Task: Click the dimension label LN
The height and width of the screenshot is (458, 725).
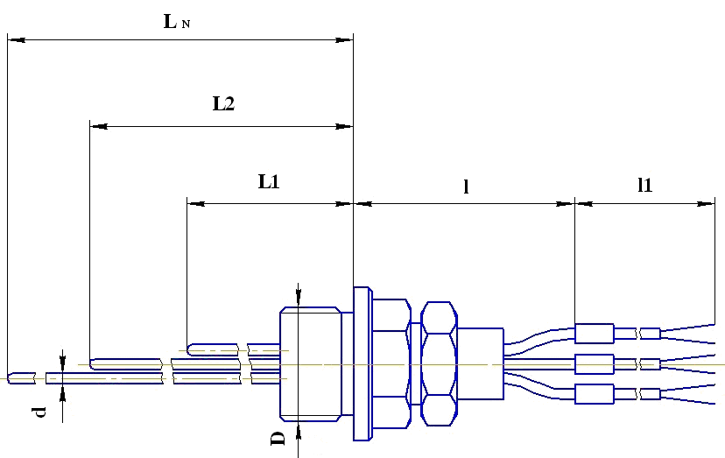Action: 176,22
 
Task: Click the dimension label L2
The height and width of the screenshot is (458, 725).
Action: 223,103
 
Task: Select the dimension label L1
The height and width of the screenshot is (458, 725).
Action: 268,182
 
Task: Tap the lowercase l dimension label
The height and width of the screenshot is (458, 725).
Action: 466,186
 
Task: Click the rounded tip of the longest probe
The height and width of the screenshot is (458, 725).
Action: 11,378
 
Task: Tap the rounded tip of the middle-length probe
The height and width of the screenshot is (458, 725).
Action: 95,363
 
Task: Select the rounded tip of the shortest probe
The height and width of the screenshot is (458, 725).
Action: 192,348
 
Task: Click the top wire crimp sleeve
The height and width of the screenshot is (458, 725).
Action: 594,333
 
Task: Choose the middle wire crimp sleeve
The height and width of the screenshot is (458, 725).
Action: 594,363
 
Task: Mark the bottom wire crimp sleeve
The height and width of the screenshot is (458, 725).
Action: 594,394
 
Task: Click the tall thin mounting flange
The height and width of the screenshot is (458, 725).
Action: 362,363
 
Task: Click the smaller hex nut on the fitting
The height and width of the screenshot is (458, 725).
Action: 438,363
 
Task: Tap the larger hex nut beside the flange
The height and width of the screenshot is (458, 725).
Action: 391,363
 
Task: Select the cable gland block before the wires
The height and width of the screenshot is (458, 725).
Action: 480,363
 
